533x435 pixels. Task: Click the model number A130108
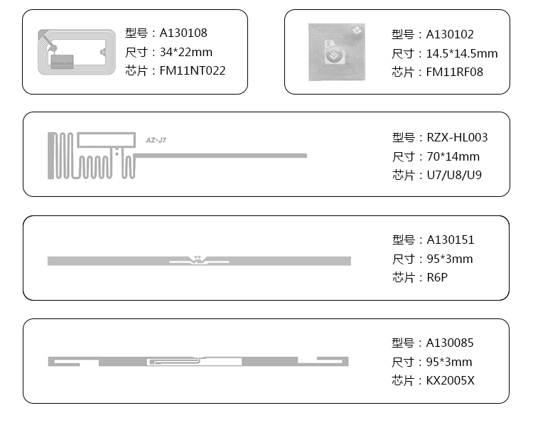tap(183, 33)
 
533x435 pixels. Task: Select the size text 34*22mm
tap(185, 52)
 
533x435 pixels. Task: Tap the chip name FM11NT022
tap(193, 70)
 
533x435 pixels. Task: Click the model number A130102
tap(450, 34)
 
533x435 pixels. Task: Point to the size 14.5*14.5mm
tap(462, 53)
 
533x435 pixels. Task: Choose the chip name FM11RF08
tap(454, 72)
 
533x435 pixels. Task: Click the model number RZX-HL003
tap(457, 138)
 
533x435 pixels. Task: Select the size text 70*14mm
tap(453, 156)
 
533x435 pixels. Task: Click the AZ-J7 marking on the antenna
tap(156, 141)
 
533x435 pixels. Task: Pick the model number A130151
tap(450, 240)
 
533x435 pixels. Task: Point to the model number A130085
tap(450, 343)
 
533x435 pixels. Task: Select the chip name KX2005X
tap(450, 380)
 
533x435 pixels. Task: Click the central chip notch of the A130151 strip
tap(198, 261)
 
